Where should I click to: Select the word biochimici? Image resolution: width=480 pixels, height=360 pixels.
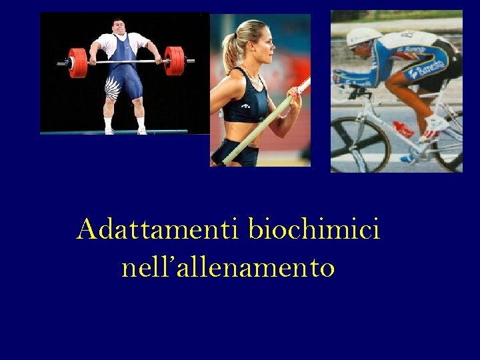pos(314,231)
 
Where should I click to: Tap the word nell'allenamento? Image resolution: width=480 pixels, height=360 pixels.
pos(228,268)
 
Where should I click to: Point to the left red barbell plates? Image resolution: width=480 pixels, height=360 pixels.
pos(78,62)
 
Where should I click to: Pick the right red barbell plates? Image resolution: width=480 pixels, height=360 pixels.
pos(175,61)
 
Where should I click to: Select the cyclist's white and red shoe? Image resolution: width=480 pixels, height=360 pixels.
pos(437,123)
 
